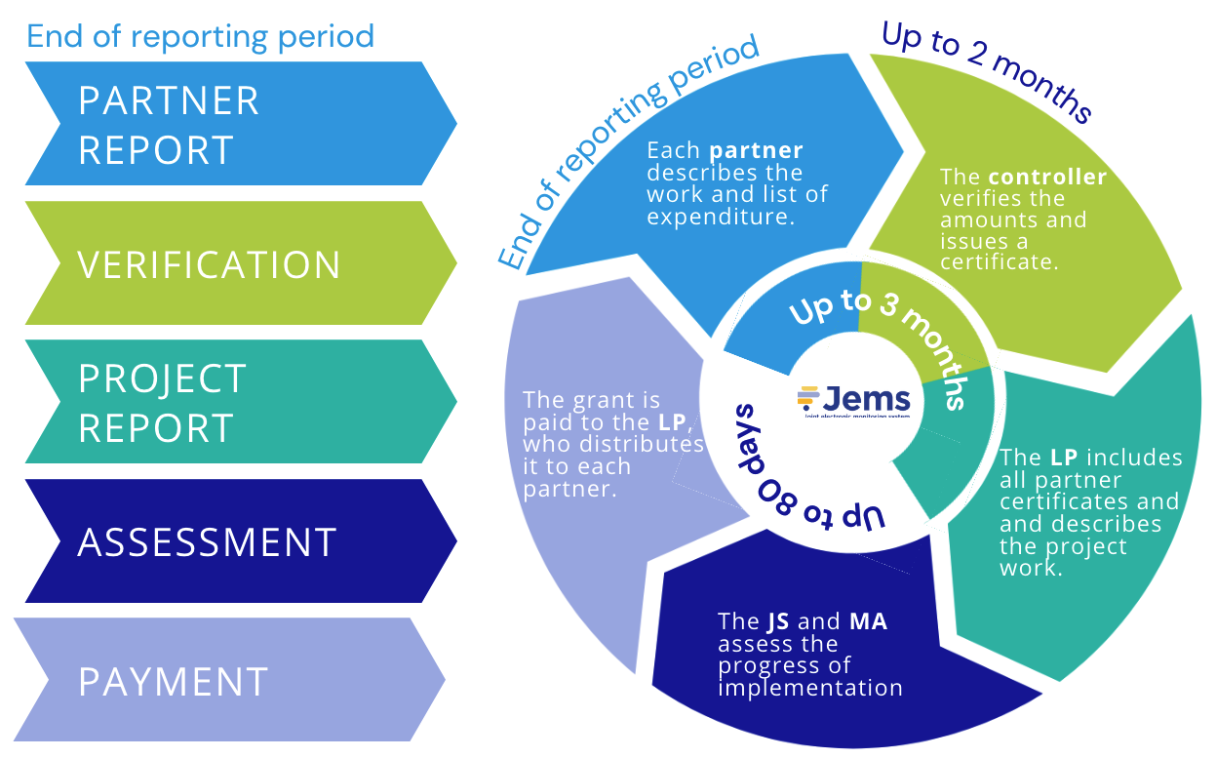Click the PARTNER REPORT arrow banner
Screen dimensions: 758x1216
coord(234,124)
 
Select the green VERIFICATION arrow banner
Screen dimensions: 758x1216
coord(234,263)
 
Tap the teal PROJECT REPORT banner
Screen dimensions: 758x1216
coord(234,402)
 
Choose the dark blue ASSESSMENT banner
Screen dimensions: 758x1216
coord(234,541)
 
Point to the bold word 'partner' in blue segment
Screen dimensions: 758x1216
coord(756,151)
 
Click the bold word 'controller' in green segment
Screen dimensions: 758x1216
coord(1047,178)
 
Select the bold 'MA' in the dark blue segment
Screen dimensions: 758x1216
coord(868,621)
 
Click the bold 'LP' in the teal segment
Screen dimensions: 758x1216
coord(1064,458)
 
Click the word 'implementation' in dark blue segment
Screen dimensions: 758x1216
coord(809,688)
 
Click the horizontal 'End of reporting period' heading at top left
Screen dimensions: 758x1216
coord(200,37)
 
